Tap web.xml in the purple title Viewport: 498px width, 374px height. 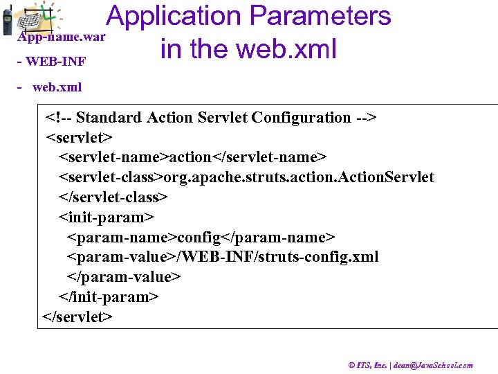(x=286, y=49)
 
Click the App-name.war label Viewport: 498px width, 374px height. (x=62, y=37)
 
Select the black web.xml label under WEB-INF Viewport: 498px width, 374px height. (x=57, y=87)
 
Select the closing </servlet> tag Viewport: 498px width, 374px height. (x=77, y=317)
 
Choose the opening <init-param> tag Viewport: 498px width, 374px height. (x=106, y=217)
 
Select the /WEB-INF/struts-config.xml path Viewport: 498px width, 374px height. (x=277, y=257)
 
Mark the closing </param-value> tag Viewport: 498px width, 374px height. (x=124, y=277)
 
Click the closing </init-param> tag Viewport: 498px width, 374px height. (x=109, y=297)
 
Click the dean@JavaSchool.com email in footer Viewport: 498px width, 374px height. (x=433, y=365)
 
